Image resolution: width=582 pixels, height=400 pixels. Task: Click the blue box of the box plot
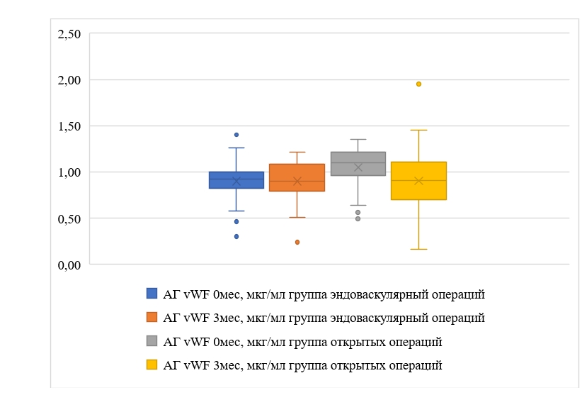coord(236,179)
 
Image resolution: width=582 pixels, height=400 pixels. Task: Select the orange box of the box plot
coord(297,177)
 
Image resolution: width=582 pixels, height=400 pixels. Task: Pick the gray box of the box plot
coord(358,163)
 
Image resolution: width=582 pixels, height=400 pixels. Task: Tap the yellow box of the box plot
coord(418,180)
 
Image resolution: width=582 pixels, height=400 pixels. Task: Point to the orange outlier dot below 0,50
coord(297,242)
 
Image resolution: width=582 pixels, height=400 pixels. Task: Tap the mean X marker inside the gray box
coord(358,167)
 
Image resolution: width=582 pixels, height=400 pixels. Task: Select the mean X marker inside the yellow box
coord(418,181)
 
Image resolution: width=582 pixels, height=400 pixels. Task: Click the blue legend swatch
coord(152,293)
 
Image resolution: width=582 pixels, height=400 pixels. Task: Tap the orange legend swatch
coord(152,317)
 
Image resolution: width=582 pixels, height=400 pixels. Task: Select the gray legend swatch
coord(152,341)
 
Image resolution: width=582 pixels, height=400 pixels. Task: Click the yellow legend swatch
coord(152,365)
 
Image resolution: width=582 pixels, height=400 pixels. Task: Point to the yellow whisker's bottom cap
coord(418,249)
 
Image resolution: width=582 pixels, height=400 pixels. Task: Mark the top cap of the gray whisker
coord(358,139)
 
